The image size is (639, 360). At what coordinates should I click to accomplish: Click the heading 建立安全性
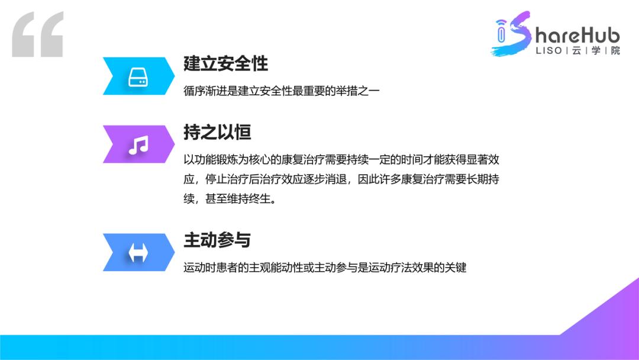coord(225,65)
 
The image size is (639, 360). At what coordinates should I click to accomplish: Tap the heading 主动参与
coord(217,240)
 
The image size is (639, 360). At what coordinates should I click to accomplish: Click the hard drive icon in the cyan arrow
coord(138,76)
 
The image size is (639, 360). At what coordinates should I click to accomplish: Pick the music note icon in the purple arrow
coord(138,145)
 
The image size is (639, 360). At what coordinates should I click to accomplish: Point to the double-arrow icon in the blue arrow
coord(138,253)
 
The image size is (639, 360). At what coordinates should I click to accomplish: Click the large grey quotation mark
coord(37,35)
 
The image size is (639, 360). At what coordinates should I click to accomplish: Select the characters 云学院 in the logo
coord(596,50)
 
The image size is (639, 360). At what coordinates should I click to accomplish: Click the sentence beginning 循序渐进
coord(281,92)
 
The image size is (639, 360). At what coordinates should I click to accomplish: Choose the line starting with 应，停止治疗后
coord(345,179)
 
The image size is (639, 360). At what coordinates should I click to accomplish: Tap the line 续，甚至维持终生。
coord(230,199)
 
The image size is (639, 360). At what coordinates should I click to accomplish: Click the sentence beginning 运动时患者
coord(325,268)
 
